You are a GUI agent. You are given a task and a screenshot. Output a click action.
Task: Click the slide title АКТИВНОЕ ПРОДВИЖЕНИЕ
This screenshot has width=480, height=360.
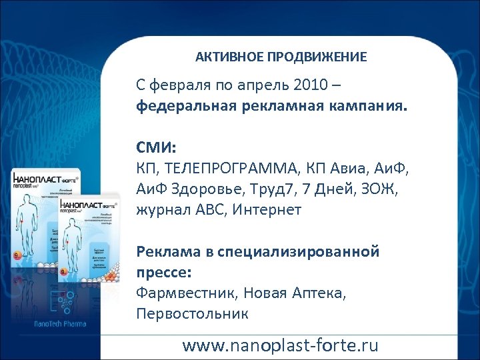click(x=281, y=57)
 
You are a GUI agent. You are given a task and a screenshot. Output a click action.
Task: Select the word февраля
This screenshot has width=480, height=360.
click(x=176, y=87)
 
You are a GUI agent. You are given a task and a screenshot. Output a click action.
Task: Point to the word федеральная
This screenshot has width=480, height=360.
click(x=179, y=105)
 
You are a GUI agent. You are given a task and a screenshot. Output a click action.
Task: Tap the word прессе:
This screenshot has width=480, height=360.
click(x=163, y=273)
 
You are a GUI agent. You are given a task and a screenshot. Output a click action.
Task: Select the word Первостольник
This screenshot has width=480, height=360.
click(x=192, y=312)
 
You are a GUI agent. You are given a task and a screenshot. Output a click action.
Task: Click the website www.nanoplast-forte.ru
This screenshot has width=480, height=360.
click(x=280, y=345)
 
